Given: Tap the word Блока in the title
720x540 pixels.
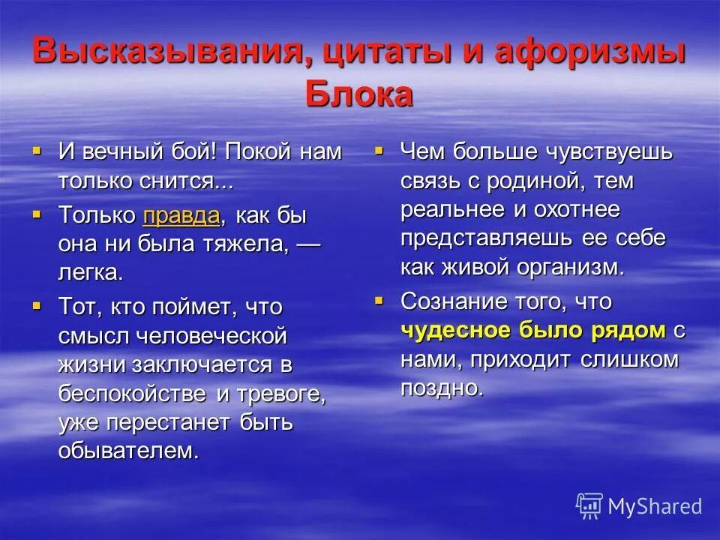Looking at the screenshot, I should (359, 94).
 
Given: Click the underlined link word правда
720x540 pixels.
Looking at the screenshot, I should (181, 216).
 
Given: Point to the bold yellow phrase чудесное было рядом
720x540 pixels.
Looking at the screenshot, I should (533, 330).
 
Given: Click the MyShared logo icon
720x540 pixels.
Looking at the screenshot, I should (589, 505).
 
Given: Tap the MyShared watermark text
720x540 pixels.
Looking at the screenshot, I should (655, 506).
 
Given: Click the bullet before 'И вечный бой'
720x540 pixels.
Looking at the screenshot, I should (37, 151).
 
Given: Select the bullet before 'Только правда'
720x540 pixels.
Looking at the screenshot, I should (37, 214).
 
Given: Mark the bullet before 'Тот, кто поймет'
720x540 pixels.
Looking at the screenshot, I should (37, 306).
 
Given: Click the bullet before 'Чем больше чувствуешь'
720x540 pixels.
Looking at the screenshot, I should (379, 151).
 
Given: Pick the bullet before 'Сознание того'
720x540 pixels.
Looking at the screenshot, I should (379, 301).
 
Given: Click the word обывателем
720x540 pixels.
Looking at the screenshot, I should (129, 451).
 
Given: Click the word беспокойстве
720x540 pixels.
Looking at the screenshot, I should (135, 393).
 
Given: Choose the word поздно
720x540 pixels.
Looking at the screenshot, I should (440, 388).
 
